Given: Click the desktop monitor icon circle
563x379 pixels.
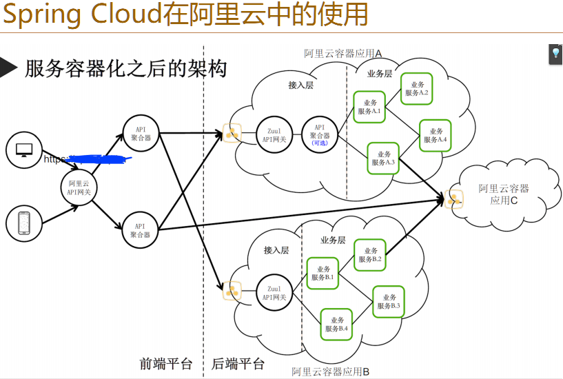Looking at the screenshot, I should pyautogui.click(x=24, y=150).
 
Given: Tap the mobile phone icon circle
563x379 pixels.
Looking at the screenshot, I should pyautogui.click(x=24, y=224).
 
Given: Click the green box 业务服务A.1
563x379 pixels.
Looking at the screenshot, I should pyautogui.click(x=369, y=107).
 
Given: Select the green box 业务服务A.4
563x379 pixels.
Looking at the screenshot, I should pyautogui.click(x=436, y=135).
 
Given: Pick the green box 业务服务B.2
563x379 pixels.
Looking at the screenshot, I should pyautogui.click(x=370, y=255).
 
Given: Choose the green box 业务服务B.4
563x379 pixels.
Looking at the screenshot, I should pyautogui.click(x=338, y=324).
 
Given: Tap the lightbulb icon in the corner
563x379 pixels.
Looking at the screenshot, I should pyautogui.click(x=555, y=54).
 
